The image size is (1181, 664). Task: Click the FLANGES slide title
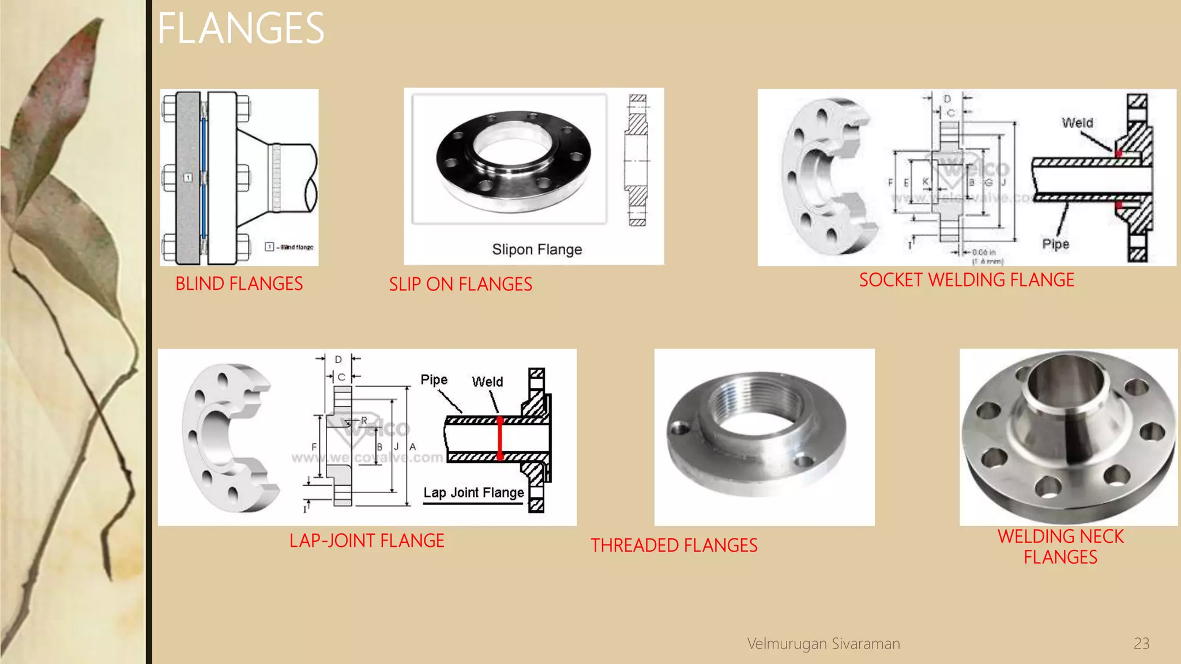pos(240,29)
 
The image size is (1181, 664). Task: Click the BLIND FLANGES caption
pos(239,284)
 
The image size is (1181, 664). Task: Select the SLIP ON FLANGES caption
pos(460,284)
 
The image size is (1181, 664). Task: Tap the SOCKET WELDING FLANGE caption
pos(966,280)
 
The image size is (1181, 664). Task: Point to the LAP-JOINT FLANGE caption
pos(367,541)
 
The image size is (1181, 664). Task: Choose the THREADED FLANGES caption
pos(674,545)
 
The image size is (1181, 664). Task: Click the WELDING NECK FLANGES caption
pos(1060,546)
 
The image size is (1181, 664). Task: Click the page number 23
pos(1141,643)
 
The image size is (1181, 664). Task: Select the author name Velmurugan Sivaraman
pos(823,643)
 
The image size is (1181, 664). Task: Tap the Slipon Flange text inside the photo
pos(537,250)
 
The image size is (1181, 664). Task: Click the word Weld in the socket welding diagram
pos(1077,123)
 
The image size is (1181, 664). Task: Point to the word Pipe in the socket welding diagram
pos(1055,244)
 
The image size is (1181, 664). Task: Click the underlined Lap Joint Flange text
pos(473,493)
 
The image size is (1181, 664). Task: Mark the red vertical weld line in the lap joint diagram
pos(500,438)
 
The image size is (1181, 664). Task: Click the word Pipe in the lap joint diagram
pos(434,380)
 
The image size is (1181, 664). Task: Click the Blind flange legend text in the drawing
pos(297,247)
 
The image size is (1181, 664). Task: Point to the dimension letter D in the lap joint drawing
pos(338,359)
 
